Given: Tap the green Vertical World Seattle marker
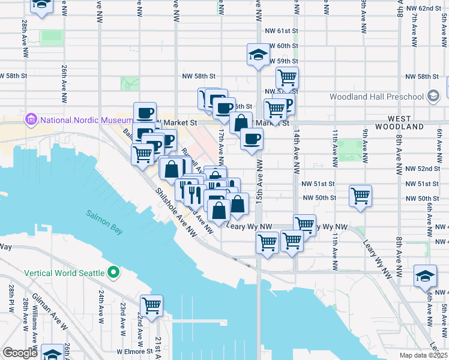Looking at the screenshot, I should click(113, 273).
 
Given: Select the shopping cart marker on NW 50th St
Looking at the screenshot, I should click(360, 196).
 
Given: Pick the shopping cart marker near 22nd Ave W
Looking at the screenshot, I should click(151, 306).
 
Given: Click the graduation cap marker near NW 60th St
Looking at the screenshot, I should click(258, 55).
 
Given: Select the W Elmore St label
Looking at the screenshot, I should click(136, 352).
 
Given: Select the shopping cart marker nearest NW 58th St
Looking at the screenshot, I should click(287, 77).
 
